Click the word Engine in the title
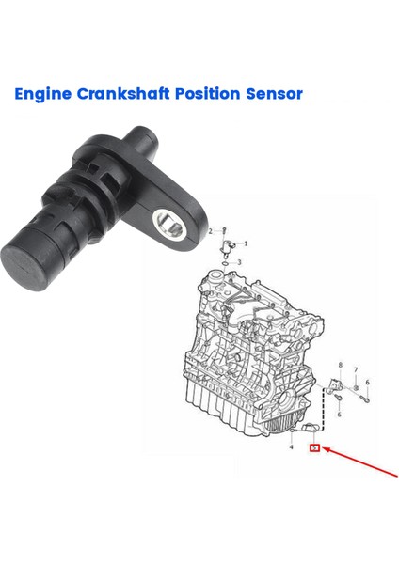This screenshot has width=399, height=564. (43, 94)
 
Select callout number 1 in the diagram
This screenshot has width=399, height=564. (247, 242)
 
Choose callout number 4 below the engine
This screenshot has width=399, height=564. (291, 447)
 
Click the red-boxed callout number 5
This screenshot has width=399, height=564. (315, 449)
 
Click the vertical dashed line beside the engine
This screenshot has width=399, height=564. (325, 414)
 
